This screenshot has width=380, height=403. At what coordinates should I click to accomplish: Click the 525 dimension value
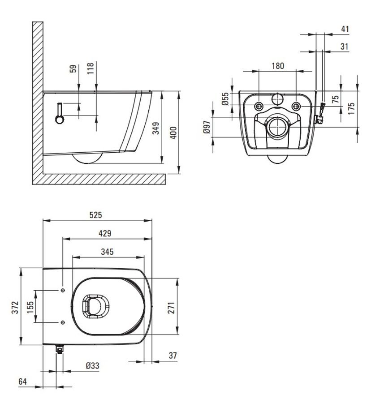coord(96,215)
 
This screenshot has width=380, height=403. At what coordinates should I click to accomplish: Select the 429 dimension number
coord(105,233)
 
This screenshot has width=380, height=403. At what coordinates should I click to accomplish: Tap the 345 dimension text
coord(107,252)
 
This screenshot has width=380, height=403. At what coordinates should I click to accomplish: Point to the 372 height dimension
coord(15,307)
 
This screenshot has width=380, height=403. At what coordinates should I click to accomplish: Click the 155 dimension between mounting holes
coord(30,307)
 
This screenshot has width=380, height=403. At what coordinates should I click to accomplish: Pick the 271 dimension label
coord(171,308)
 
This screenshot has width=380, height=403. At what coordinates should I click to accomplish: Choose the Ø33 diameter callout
coord(92,365)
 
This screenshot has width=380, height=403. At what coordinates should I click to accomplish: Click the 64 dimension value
coord(23,382)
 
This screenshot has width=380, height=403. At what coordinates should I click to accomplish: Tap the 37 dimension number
coord(173,356)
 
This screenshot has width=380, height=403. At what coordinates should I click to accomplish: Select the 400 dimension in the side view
coord(174,133)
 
